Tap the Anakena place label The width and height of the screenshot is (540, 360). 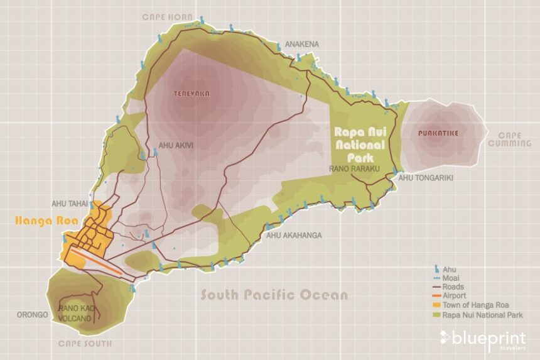point(302,45)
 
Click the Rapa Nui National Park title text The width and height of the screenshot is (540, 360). point(364,144)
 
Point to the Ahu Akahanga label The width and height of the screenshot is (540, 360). point(294,236)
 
